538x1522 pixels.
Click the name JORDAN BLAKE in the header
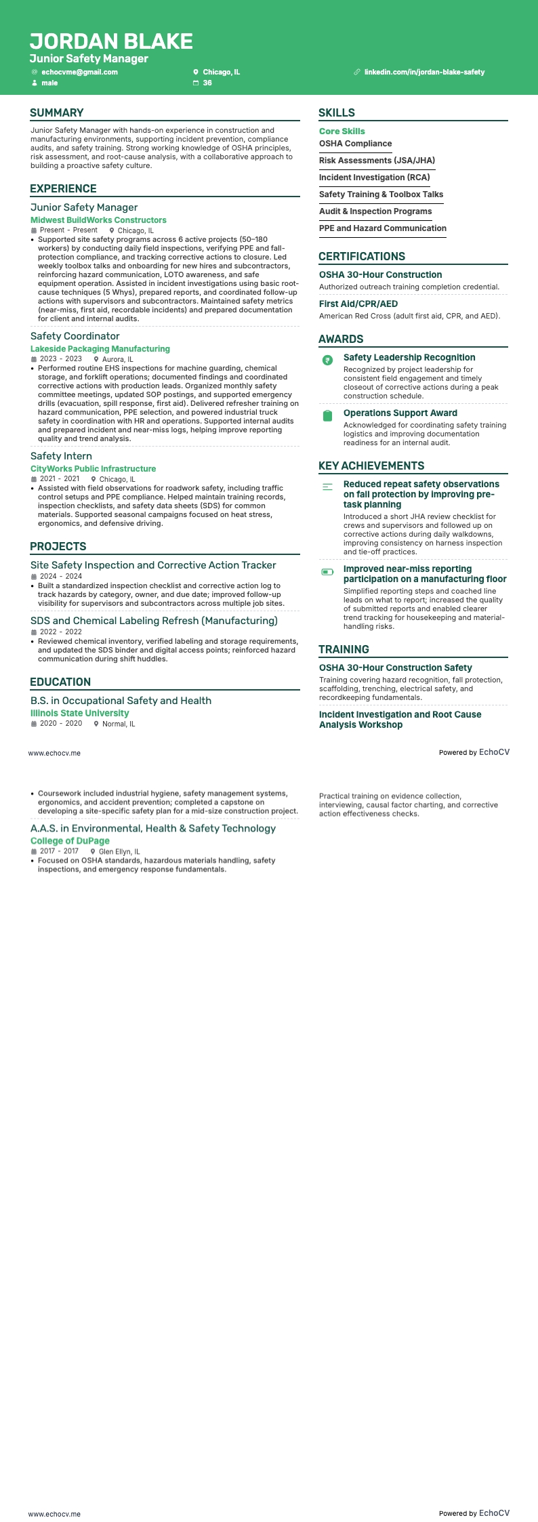(x=111, y=41)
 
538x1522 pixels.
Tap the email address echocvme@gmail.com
(x=79, y=72)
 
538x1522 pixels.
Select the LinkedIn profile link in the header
(x=424, y=72)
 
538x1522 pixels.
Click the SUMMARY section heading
(x=57, y=113)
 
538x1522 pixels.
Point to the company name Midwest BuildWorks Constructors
(x=98, y=220)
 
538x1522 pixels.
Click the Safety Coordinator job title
(x=75, y=336)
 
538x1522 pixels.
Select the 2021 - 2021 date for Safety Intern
(x=60, y=479)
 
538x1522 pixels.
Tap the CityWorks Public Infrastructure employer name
(x=93, y=469)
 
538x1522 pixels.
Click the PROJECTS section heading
(x=58, y=547)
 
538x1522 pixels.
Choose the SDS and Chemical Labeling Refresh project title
(x=154, y=621)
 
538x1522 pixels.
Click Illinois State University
(x=79, y=714)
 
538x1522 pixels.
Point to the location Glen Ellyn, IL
(x=119, y=852)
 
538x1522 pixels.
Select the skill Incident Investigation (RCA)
(x=375, y=178)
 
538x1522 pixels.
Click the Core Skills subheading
(x=342, y=131)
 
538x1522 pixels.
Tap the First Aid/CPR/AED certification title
(x=358, y=304)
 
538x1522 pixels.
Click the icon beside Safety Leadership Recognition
(x=328, y=361)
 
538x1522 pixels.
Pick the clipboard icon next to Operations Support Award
(x=328, y=416)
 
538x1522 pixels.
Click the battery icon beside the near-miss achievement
(x=328, y=572)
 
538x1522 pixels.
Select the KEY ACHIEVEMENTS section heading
(x=371, y=466)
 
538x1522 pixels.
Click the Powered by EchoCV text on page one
(x=474, y=752)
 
